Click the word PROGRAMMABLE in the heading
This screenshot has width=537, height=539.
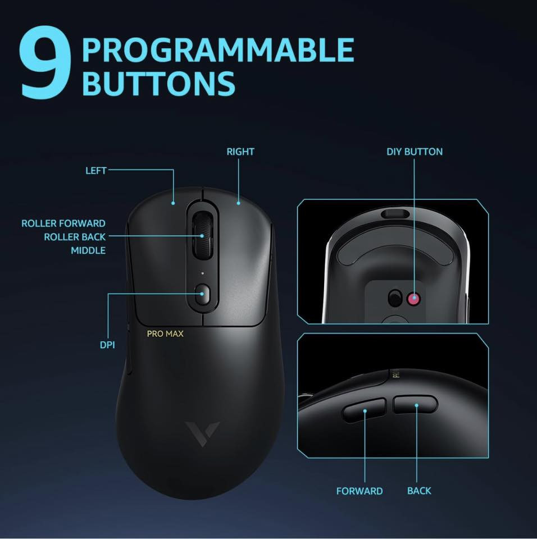pos(217,50)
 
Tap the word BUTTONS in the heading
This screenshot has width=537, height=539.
pos(158,83)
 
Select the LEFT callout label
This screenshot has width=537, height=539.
pos(95,170)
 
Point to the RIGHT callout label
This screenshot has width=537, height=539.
pos(240,152)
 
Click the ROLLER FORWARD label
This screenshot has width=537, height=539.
pos(63,223)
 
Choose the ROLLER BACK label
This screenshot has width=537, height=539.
pos(75,237)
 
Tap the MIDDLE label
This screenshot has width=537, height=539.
pos(88,250)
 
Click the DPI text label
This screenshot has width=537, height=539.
pos(107,345)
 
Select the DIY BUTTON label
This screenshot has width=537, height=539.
pos(415,152)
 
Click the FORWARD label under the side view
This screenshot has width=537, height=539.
pos(359,491)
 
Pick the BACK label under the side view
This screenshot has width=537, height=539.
pos(419,491)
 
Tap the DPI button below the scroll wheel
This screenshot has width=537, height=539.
pos(202,294)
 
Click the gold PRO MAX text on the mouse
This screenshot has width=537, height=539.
pos(165,334)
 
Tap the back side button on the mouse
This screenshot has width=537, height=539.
pos(415,404)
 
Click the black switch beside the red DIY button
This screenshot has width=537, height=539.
pos(395,298)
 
